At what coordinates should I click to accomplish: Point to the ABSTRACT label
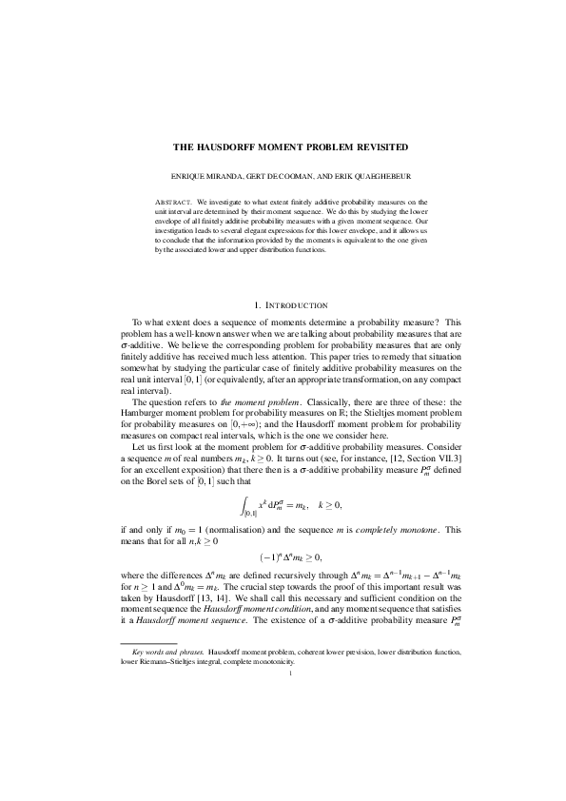pyautogui.click(x=173, y=202)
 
